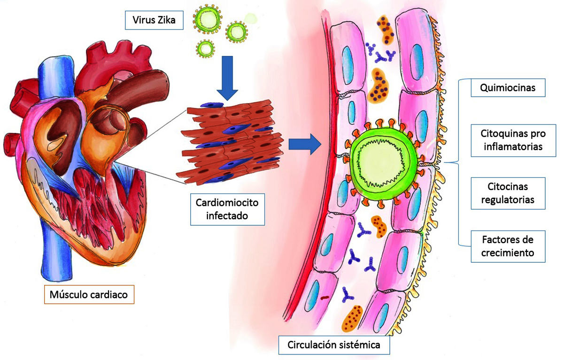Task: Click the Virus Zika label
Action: (154, 20)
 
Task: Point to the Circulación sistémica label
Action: (334, 346)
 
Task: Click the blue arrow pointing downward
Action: (228, 77)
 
